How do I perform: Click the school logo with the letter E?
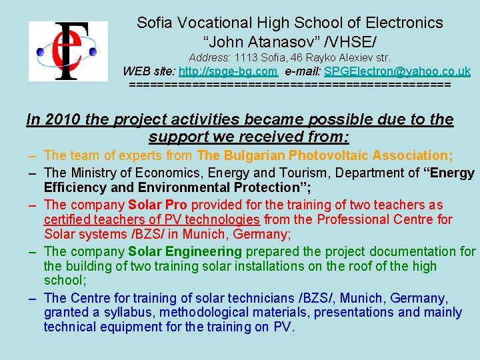pyautogui.click(x=67, y=51)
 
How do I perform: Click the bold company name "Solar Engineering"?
pyautogui.click(x=185, y=251)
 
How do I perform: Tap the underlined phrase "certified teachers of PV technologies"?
pyautogui.click(x=152, y=219)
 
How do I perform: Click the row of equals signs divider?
pyautogui.click(x=289, y=85)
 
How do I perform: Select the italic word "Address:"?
pyautogui.click(x=209, y=58)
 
